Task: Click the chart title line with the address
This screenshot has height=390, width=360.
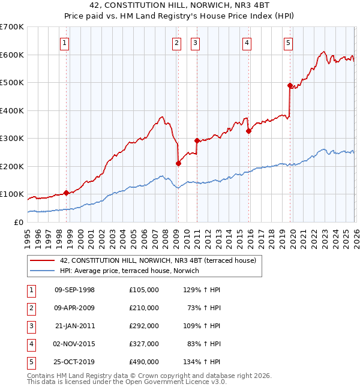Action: pos(180,5)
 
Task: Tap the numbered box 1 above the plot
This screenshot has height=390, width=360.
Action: pos(64,43)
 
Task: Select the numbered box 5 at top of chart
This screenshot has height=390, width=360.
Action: pos(289,43)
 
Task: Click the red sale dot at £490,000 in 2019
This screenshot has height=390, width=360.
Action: pos(290,85)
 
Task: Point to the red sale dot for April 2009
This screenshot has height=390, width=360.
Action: pos(178,163)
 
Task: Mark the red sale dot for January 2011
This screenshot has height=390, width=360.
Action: pos(197,140)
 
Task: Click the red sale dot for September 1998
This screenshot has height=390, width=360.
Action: pos(66,193)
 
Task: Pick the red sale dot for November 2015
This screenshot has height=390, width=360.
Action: pos(248,131)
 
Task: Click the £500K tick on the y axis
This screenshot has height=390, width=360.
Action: pos(12,83)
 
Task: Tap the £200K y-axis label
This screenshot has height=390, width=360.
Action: pos(12,166)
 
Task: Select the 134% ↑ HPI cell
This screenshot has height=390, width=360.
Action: pos(203,361)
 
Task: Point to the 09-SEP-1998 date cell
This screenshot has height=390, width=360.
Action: pos(74,289)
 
